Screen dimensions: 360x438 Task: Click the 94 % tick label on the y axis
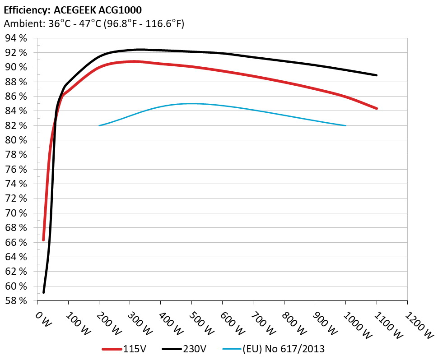[16, 38]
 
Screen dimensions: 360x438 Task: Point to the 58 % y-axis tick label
[16, 301]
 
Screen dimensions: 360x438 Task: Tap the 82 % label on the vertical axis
[16, 126]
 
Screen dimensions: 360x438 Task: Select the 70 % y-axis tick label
[16, 213]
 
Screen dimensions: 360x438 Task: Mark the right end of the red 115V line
[376, 108]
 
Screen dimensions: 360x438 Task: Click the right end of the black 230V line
[376, 75]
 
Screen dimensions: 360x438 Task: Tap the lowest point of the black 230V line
[44, 292]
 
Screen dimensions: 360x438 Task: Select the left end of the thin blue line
[99, 125]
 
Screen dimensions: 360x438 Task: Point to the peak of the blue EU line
[191, 103]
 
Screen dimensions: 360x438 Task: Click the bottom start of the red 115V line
[44, 240]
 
